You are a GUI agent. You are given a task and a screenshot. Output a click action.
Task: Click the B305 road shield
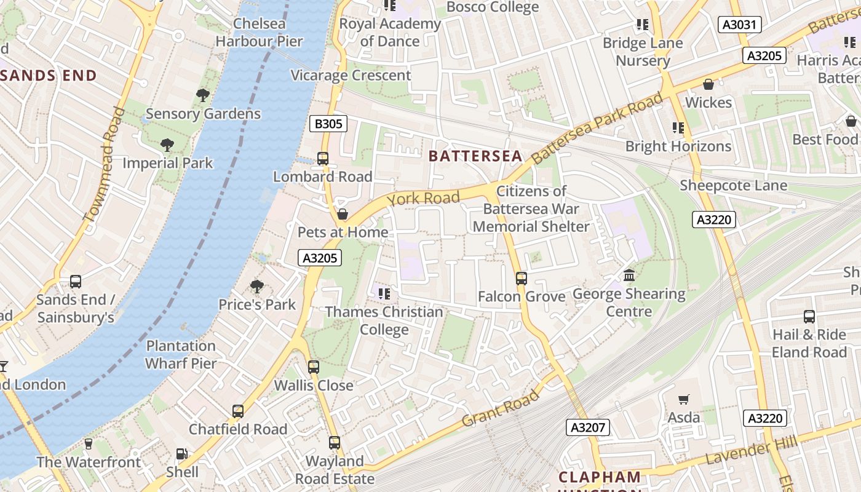[x=328, y=124]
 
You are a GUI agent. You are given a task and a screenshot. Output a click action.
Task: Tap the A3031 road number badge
[x=740, y=25]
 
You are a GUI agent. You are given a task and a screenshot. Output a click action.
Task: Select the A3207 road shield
[x=588, y=427]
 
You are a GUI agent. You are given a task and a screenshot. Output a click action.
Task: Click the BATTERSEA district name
[x=475, y=156]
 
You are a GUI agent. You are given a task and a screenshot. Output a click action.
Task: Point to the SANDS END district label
[x=48, y=76]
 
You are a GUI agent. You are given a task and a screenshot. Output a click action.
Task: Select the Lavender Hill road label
[x=751, y=451]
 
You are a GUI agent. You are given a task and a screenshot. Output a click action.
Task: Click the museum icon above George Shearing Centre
[x=629, y=275]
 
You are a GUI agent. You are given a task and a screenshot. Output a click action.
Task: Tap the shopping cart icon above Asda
[x=684, y=399]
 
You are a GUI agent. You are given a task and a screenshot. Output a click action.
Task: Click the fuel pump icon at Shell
[x=182, y=454]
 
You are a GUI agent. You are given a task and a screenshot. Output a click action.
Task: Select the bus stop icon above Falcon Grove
[x=522, y=278]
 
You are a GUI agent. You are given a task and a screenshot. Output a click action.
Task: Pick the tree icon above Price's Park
[x=257, y=286]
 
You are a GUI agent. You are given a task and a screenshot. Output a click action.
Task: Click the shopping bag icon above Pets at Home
[x=343, y=214]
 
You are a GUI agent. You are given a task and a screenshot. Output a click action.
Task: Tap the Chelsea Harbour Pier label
[x=259, y=33]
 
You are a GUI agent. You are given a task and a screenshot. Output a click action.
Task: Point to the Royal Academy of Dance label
[x=390, y=33]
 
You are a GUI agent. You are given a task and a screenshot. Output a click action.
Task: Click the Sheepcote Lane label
[x=733, y=185]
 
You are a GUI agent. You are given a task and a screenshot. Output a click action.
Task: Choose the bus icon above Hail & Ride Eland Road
[x=809, y=317]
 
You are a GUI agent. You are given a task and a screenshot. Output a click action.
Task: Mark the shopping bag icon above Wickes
[x=708, y=84]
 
